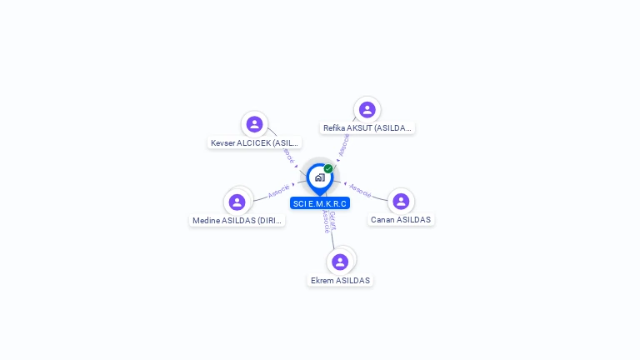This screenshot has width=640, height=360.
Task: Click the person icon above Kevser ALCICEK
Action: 255,124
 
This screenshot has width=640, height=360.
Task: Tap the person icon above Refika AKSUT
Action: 367,110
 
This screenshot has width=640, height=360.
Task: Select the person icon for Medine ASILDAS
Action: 237,202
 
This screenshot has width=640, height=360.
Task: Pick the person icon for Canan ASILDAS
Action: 401,201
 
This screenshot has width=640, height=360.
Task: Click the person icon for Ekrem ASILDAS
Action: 340,262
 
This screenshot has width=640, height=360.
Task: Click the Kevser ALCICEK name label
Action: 255,142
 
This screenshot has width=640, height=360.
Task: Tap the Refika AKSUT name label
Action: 367,128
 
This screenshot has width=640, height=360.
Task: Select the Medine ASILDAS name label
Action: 237,221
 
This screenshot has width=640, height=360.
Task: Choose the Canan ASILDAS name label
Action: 402,220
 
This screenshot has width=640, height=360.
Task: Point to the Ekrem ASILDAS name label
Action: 340,281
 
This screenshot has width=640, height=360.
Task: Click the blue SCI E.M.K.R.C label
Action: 320,203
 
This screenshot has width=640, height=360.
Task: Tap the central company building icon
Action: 319,177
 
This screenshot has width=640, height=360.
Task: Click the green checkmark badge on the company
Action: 328,169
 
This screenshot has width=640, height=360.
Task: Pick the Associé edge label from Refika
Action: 343,145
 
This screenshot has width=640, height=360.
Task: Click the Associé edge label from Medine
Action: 279,191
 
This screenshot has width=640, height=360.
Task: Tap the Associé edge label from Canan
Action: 360,190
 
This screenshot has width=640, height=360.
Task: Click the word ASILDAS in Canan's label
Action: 412,220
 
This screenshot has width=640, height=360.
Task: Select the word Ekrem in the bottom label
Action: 322,281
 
